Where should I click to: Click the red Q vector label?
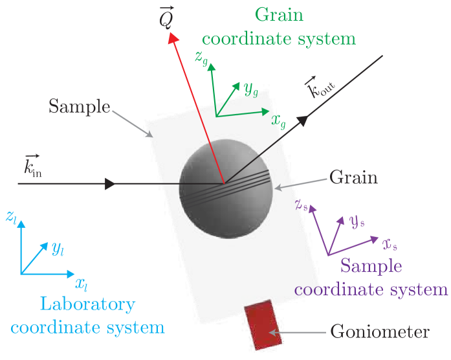166,19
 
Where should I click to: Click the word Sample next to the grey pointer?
80,106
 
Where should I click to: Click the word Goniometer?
380,332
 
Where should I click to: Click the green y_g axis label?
250,89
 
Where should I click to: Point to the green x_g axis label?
279,119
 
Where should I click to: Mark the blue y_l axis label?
58,247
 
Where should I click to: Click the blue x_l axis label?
82,283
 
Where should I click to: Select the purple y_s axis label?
356,221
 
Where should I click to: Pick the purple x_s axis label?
389,244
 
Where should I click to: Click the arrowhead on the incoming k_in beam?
111,184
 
